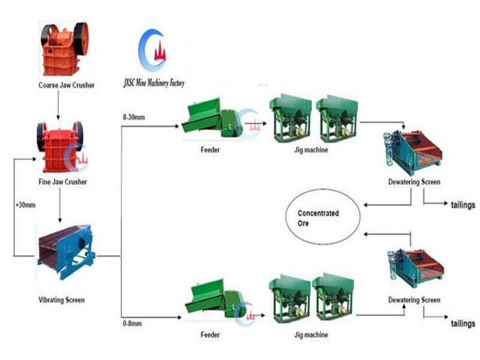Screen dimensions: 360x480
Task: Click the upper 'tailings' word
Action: [x=463, y=205]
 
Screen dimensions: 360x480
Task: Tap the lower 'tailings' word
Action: [x=463, y=324]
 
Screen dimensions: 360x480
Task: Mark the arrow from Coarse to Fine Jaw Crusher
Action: [x=58, y=106]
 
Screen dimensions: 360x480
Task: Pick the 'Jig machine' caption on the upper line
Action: [x=313, y=150]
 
